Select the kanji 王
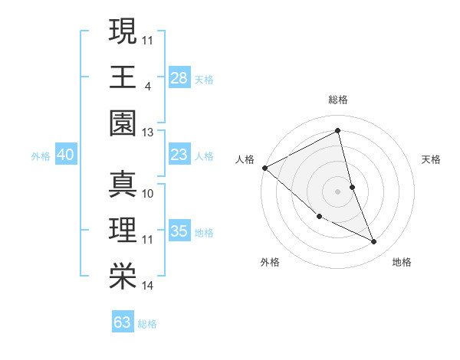(x=123, y=77)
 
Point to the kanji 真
(x=123, y=184)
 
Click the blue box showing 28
(x=179, y=77)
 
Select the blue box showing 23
(x=179, y=155)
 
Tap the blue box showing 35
(x=179, y=231)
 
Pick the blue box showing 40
(x=65, y=155)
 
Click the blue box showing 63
(x=123, y=322)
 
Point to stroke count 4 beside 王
(x=147, y=85)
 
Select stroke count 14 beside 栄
(x=148, y=286)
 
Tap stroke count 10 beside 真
(x=148, y=192)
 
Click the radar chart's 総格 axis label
(x=338, y=100)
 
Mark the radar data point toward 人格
(x=265, y=168)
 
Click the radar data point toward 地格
(x=373, y=242)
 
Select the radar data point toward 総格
(x=338, y=131)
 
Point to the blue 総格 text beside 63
(x=147, y=324)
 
